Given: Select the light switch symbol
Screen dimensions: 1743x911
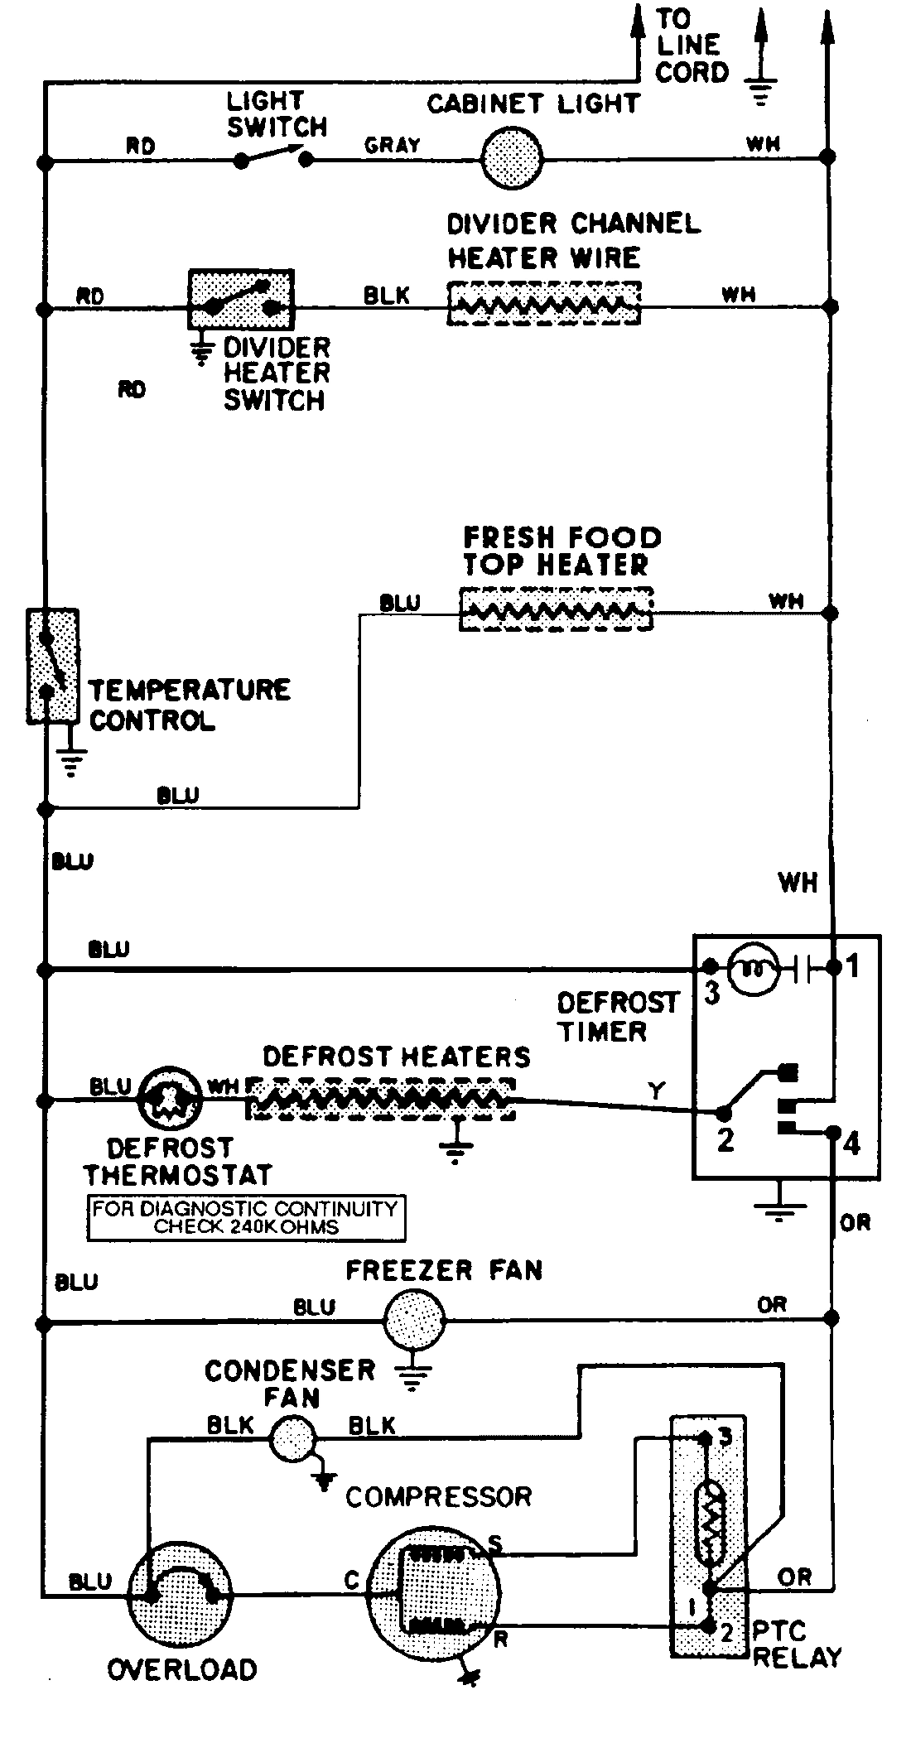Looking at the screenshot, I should tap(273, 156).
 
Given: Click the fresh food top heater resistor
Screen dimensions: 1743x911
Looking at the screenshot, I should tap(556, 610).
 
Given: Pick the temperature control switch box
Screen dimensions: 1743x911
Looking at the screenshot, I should tap(52, 667).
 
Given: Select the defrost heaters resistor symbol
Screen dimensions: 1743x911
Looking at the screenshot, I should tap(381, 1099).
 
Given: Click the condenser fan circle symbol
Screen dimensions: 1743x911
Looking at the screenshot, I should tap(294, 1439).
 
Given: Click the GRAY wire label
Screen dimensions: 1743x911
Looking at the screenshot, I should tap(393, 146).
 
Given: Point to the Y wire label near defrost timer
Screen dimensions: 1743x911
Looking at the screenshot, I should tap(657, 1091).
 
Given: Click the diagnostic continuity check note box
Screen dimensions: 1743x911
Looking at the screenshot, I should tap(246, 1217).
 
